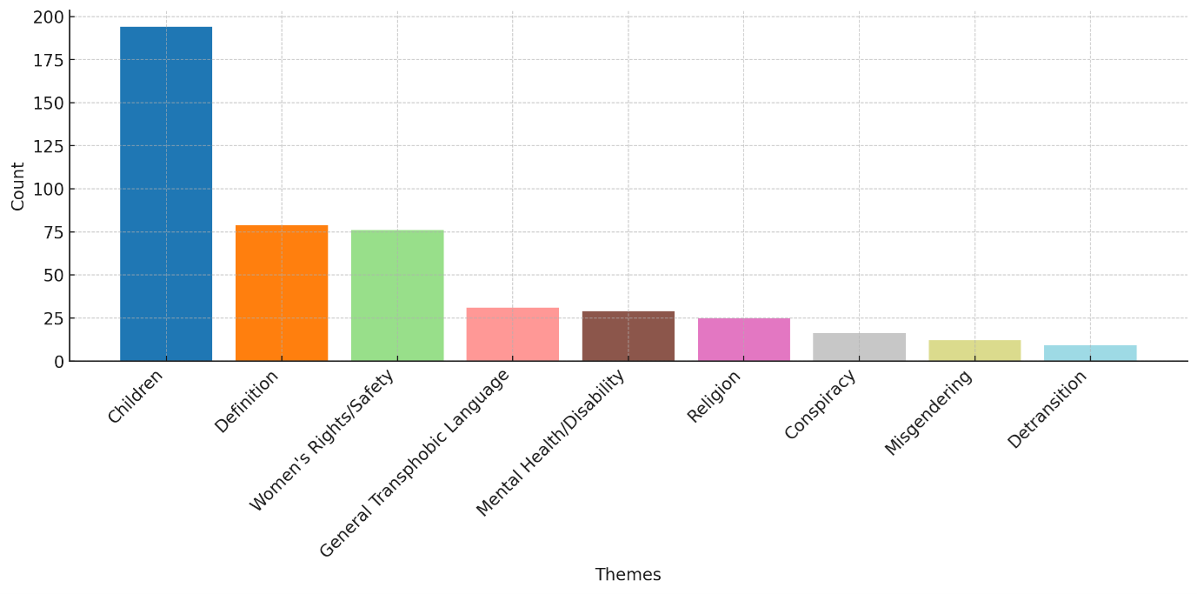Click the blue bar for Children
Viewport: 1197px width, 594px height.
166,193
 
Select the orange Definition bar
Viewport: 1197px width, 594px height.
282,293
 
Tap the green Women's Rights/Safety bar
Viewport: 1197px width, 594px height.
397,296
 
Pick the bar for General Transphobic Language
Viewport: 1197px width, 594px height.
513,334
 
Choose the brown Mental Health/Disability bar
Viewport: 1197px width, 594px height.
628,336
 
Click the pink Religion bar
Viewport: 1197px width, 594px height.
744,339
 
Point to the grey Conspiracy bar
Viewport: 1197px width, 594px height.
859,347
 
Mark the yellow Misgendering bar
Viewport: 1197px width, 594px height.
974,350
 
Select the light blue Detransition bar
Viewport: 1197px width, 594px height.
1090,353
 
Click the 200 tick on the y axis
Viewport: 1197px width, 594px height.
49,17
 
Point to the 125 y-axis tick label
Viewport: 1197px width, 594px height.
49,146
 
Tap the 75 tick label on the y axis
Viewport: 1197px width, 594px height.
54,232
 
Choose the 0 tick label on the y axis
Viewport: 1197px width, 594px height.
59,361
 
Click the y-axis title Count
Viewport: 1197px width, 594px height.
18,186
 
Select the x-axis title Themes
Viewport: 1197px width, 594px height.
628,575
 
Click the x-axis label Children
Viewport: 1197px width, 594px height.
136,397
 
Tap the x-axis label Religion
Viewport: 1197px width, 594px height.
715,397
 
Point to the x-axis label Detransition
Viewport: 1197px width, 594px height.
1047,409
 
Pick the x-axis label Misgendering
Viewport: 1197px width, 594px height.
928,412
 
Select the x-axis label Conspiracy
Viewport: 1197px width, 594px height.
821,404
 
